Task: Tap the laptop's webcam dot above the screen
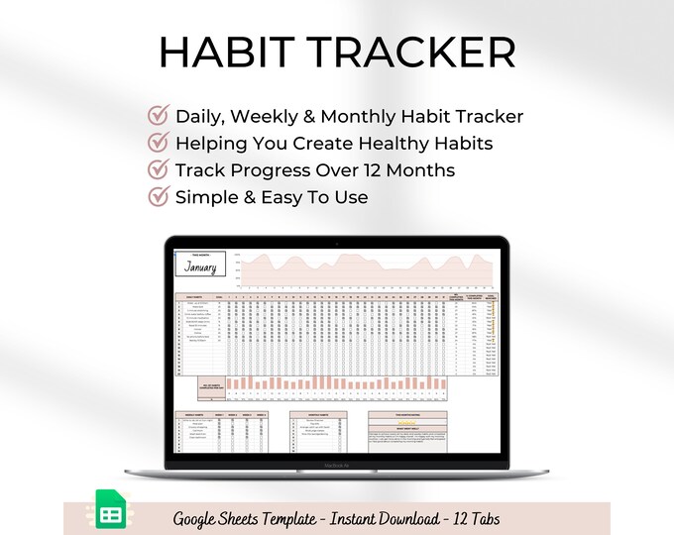[338, 243]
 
